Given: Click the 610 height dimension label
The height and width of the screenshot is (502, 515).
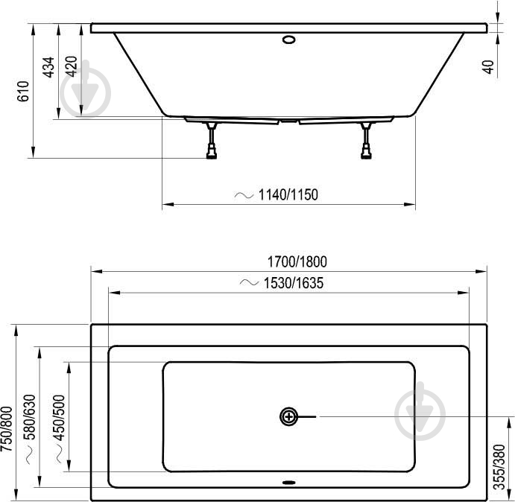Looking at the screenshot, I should click(23, 91).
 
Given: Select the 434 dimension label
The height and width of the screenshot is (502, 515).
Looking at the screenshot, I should click(48, 68).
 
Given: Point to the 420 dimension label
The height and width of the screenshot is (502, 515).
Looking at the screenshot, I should click(72, 68).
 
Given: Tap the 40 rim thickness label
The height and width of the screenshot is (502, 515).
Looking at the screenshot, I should click(489, 66).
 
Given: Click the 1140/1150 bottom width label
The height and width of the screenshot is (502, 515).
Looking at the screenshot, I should click(288, 195).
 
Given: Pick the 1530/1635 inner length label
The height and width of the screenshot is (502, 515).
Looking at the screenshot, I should click(293, 283).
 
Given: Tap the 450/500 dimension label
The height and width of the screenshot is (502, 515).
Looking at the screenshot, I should click(60, 417).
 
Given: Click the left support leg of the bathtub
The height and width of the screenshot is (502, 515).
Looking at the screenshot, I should click(212, 141).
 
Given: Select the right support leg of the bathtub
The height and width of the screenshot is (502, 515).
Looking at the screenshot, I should click(366, 141).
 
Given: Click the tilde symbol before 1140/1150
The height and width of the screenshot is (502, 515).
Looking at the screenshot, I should click(244, 195).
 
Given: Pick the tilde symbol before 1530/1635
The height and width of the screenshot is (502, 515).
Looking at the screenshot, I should click(249, 283).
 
